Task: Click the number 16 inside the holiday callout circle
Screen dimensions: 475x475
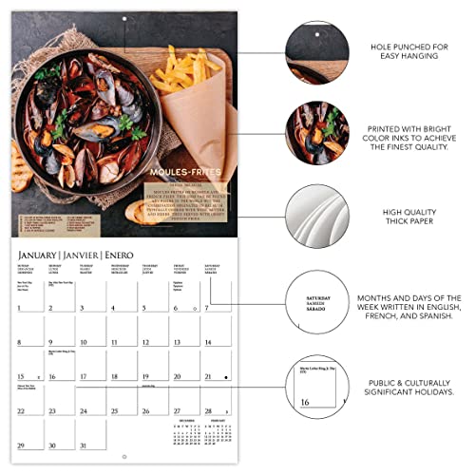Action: point(305,402)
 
